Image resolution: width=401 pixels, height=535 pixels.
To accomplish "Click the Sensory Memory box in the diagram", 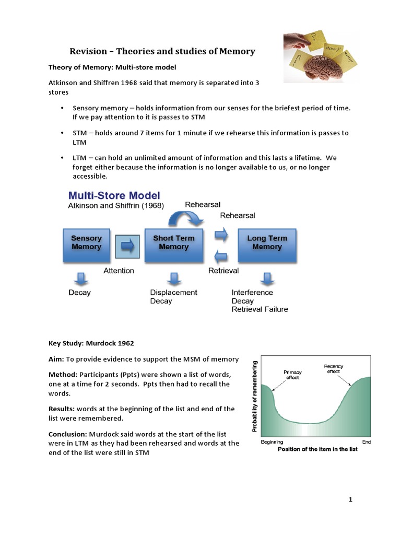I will [x=86, y=242].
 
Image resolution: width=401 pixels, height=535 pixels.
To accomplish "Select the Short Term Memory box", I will [x=173, y=242].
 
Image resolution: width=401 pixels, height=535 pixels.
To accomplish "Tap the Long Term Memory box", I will [x=267, y=242].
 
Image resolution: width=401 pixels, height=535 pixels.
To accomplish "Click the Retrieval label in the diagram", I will [x=223, y=271].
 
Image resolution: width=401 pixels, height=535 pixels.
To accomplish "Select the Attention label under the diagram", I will [x=119, y=271].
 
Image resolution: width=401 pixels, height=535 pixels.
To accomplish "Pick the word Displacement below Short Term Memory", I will [x=174, y=293].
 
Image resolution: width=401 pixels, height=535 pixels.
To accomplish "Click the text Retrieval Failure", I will [x=260, y=309].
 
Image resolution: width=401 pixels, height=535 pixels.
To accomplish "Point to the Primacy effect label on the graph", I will [x=292, y=375].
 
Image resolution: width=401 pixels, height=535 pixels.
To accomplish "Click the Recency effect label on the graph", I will [x=333, y=369].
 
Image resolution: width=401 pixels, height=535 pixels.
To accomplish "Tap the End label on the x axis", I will [x=366, y=441].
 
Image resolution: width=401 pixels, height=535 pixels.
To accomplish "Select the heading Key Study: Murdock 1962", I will [x=91, y=343].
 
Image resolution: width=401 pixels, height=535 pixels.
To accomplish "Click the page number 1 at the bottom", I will [x=351, y=499].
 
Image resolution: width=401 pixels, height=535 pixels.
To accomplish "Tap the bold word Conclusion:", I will [x=68, y=434].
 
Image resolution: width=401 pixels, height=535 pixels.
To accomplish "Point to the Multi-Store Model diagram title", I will [x=114, y=196].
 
